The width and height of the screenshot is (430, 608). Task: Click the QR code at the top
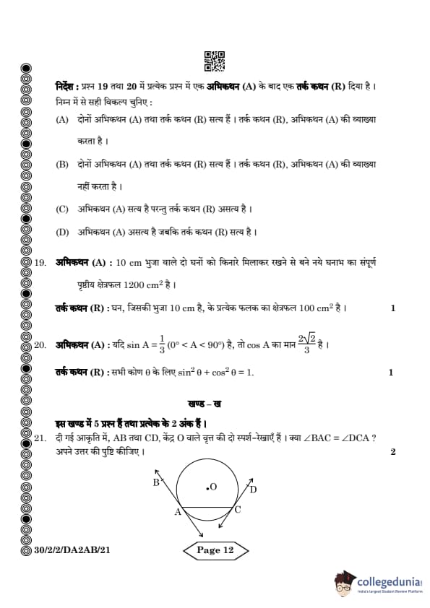coord(215,61)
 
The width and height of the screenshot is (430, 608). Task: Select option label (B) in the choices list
coord(62,165)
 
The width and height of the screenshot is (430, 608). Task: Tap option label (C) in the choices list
coord(62,209)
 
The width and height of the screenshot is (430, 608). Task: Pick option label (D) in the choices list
coord(62,232)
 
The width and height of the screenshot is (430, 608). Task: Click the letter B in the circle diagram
coord(156,483)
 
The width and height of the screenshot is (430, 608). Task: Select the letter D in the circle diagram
coord(253,490)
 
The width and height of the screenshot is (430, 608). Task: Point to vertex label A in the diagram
coord(176,512)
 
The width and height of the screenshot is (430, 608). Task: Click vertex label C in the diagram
coord(238,510)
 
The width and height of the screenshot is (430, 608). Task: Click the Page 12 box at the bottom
coord(215,550)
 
